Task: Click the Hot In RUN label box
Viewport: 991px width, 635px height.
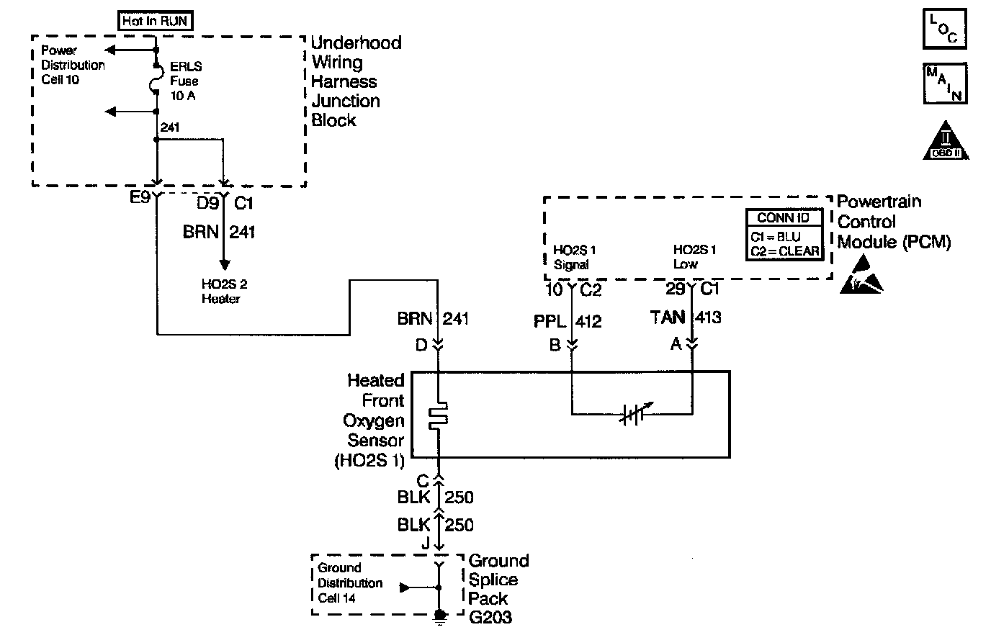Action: (155, 22)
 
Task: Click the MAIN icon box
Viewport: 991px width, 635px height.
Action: (943, 84)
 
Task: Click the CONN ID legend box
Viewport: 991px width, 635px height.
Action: (783, 234)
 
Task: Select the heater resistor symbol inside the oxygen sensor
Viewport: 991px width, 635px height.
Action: (438, 417)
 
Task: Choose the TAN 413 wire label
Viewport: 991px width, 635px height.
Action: (686, 317)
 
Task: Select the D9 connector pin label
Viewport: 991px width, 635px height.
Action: (207, 204)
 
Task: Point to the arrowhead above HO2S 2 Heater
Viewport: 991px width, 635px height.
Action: (224, 264)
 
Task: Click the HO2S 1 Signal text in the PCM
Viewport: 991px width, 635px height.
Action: (573, 257)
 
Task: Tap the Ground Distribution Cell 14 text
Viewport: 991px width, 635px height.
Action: (350, 582)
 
